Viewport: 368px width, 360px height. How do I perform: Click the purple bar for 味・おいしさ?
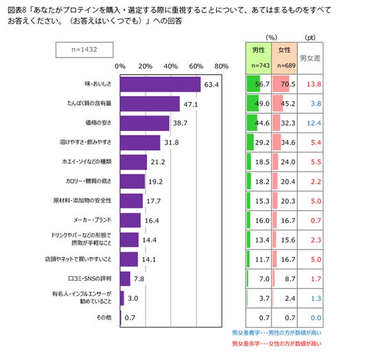click(x=160, y=84)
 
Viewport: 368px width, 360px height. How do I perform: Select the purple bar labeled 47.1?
click(x=150, y=104)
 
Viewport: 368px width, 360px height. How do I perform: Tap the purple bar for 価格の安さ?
click(x=145, y=123)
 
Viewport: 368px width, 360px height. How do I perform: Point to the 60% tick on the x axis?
click(x=196, y=67)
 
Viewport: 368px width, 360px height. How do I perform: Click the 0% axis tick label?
click(x=120, y=67)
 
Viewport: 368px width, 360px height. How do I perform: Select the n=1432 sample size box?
click(x=84, y=49)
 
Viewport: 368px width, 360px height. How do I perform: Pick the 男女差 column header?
click(x=310, y=58)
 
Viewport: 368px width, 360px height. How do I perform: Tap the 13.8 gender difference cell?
click(x=314, y=84)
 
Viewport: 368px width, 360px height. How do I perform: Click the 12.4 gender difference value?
click(x=314, y=123)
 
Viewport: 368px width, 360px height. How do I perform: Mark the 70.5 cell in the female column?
click(x=288, y=84)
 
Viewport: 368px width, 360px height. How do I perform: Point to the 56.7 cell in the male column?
click(x=262, y=84)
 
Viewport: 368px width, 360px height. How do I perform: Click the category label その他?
click(x=104, y=317)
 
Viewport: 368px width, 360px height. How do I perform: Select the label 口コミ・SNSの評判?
click(x=90, y=278)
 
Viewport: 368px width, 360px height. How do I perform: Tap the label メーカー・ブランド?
click(x=93, y=220)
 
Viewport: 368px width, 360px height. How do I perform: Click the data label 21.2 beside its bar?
click(x=158, y=162)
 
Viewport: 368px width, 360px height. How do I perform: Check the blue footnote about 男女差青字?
click(x=277, y=333)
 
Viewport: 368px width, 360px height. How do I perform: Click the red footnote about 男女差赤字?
click(x=277, y=344)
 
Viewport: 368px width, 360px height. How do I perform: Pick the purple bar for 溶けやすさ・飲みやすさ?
click(x=140, y=143)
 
